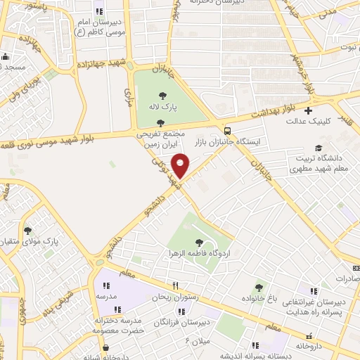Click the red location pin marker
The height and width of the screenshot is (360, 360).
coord(181,165)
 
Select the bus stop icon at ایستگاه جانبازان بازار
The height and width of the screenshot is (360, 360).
coord(227,130)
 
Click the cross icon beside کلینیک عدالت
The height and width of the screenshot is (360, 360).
coord(308,110)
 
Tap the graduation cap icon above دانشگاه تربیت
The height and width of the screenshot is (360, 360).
coord(320,148)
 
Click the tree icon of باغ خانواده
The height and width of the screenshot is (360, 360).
coord(259,287)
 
